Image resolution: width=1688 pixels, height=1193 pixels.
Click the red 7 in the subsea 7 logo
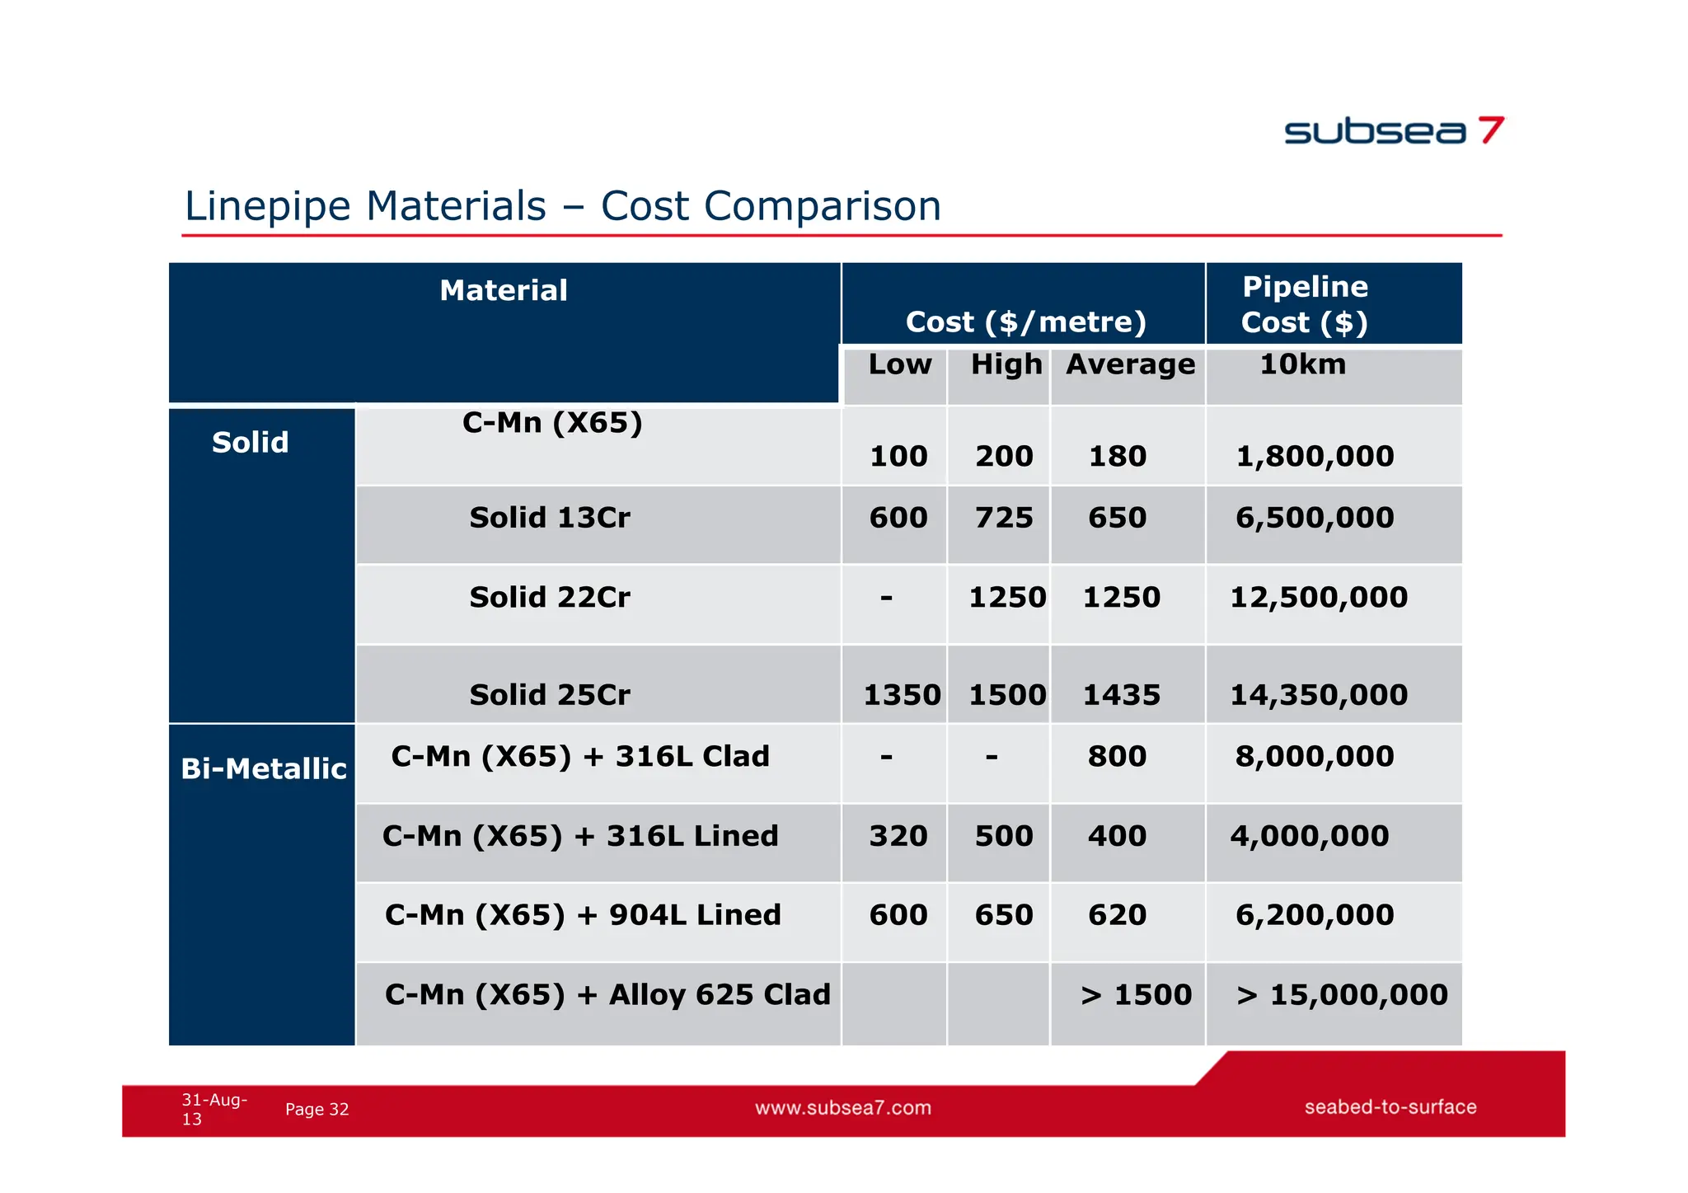[1490, 130]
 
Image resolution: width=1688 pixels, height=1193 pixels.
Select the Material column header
[504, 291]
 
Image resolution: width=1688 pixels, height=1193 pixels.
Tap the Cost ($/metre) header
[1025, 322]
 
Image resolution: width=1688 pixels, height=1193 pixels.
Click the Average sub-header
[1130, 364]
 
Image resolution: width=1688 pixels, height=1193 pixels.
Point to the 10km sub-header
[1302, 364]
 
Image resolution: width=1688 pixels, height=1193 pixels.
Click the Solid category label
[250, 443]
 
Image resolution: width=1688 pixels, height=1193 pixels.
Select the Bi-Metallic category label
[263, 769]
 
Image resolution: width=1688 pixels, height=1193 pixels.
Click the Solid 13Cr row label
[550, 519]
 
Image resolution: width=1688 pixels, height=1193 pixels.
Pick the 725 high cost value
[1003, 519]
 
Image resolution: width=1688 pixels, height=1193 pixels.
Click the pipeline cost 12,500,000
[1318, 598]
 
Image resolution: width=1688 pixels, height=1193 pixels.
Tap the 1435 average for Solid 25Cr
[1121, 696]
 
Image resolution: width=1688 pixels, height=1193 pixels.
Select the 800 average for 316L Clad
[1117, 757]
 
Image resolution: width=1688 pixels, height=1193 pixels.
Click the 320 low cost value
[898, 837]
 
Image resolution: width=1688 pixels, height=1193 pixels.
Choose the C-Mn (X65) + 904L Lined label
[582, 915]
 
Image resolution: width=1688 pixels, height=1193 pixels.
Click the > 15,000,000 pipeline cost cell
[1341, 995]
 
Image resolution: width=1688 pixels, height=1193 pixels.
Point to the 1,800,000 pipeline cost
[1315, 457]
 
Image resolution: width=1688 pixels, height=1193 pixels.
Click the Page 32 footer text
[316, 1110]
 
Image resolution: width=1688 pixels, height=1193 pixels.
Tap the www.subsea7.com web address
[842, 1108]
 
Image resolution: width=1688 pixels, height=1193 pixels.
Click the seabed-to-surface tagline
[1390, 1107]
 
